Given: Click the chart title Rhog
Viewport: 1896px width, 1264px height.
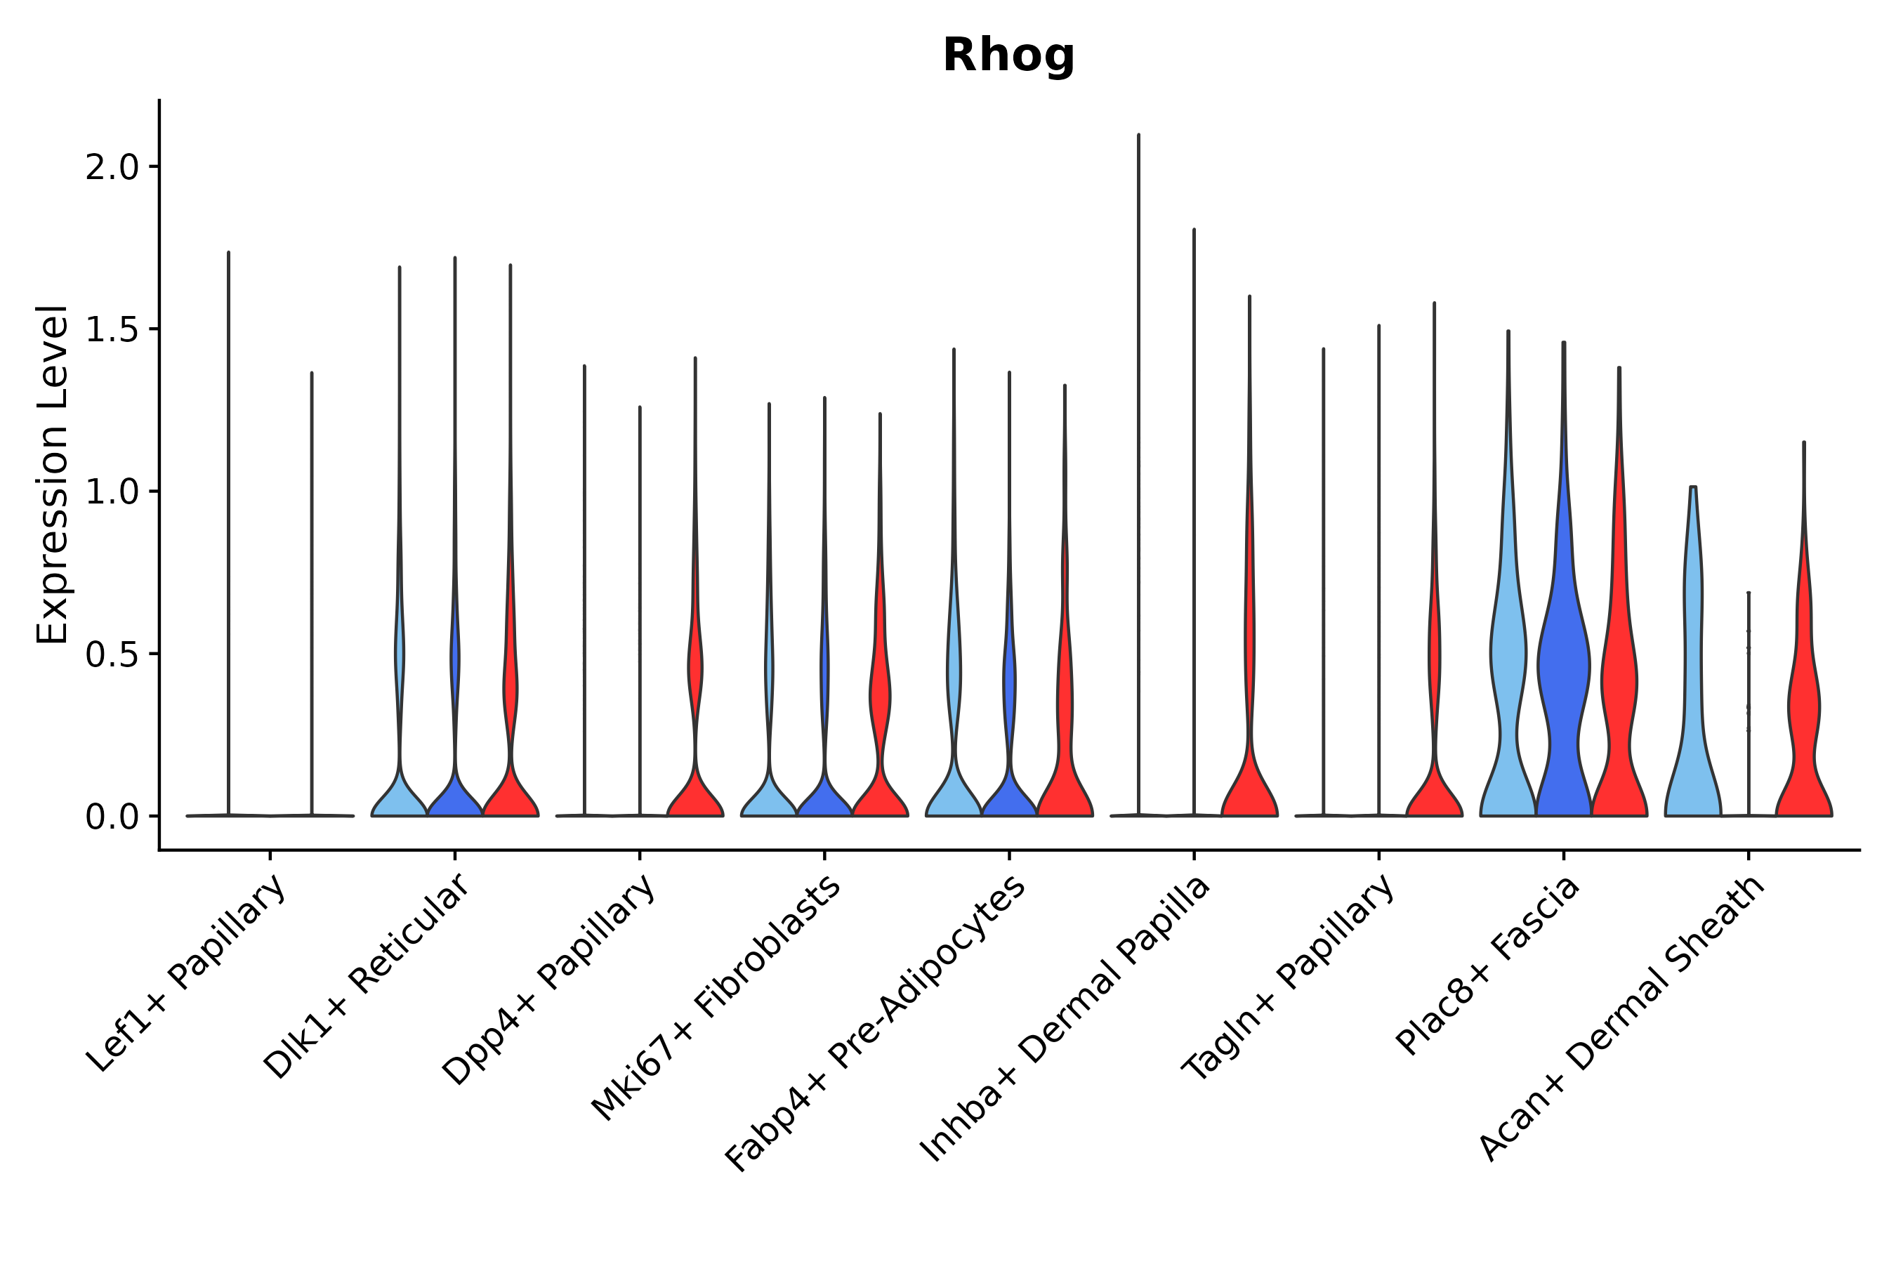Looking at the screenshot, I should coord(1008,55).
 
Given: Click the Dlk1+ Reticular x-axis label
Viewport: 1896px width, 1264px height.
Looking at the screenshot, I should coord(367,975).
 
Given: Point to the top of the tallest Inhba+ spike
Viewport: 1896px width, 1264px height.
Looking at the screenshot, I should coord(1138,136).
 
